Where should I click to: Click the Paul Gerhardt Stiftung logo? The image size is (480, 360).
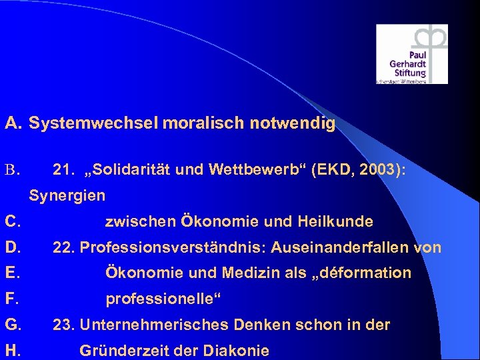click(x=411, y=54)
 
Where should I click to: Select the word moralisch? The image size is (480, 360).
click(x=185, y=123)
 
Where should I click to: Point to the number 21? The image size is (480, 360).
click(x=63, y=171)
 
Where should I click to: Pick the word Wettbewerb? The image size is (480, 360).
click(x=256, y=171)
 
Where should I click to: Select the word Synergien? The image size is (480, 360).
click(x=67, y=196)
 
